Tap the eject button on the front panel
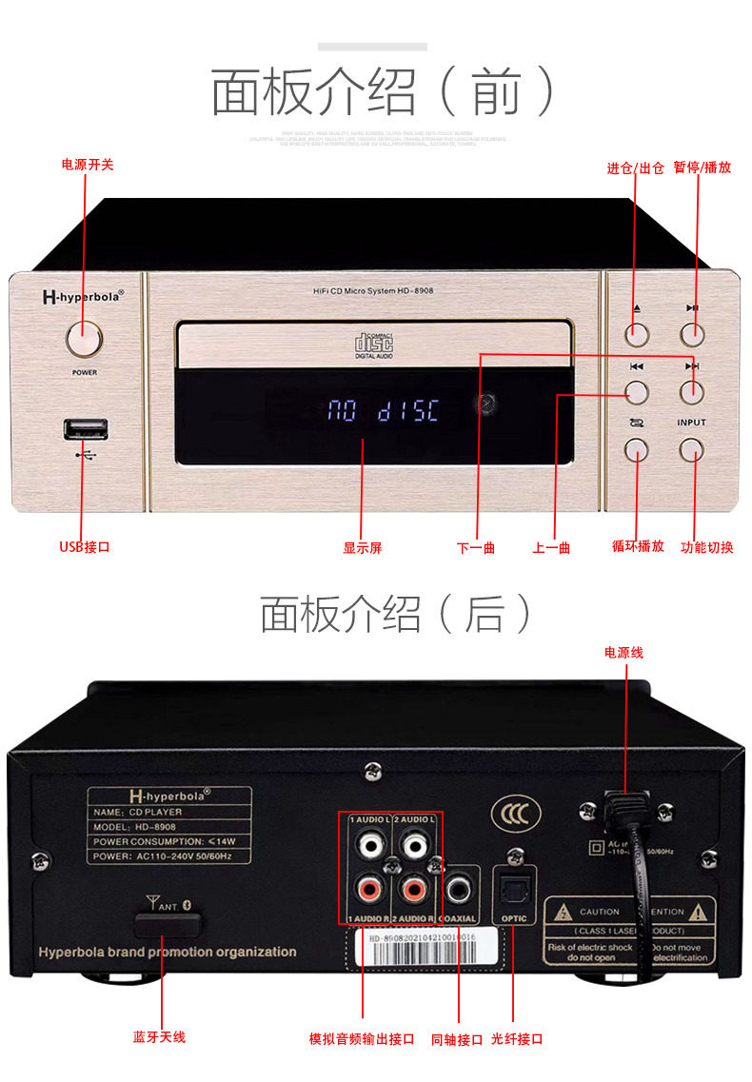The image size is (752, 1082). [x=637, y=333]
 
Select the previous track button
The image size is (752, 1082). [x=637, y=391]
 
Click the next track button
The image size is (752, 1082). [x=691, y=391]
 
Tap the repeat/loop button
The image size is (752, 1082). [x=637, y=449]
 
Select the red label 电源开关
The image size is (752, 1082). [x=88, y=165]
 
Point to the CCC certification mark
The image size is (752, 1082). [x=508, y=816]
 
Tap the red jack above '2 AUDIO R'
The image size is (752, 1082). [x=414, y=890]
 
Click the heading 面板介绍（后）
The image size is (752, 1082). [x=395, y=615]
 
